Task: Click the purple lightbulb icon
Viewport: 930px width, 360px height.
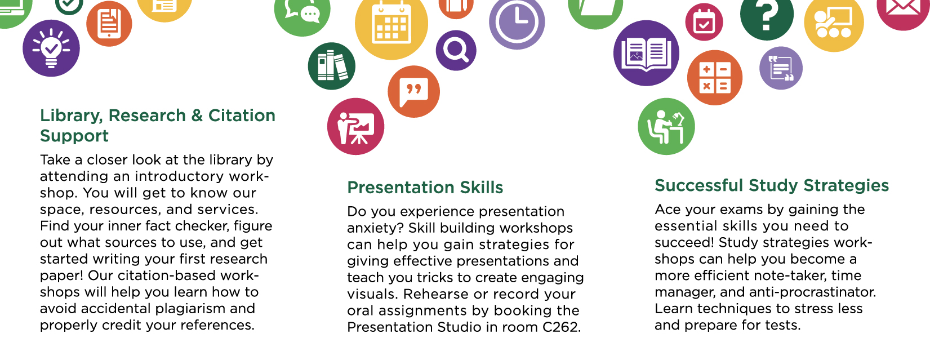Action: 51,48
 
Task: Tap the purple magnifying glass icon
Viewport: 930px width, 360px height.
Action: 456,50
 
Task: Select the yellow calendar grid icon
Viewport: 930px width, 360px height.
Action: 391,24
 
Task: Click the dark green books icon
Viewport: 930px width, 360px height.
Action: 332,66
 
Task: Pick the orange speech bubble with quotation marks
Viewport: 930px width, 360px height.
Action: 413,91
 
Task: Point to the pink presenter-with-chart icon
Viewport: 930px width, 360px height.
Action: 356,127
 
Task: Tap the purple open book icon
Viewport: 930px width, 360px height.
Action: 647,53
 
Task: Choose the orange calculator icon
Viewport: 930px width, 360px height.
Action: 715,78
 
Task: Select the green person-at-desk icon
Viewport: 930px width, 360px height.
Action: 666,127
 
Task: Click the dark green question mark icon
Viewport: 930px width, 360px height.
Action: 767,15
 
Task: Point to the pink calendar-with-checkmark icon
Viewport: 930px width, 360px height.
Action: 704,22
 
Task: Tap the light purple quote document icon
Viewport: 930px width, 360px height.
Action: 781,68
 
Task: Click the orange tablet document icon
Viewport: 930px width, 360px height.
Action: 109,24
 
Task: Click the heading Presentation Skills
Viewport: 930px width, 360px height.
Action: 425,188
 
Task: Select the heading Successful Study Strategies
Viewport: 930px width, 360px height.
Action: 772,185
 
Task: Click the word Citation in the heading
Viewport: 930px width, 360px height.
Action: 242,115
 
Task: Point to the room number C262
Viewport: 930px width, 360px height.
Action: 561,327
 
